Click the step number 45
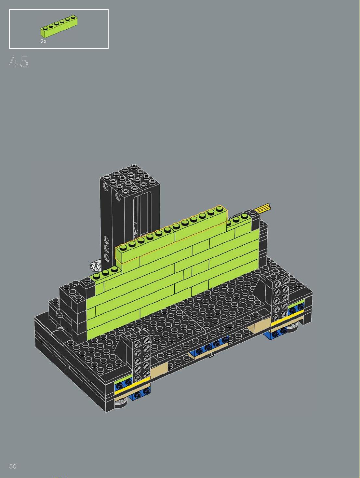(x=19, y=61)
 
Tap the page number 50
(x=13, y=466)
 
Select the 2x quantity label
(x=43, y=41)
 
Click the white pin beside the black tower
(x=95, y=266)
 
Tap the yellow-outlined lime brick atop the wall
(x=171, y=235)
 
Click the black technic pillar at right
(x=280, y=301)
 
